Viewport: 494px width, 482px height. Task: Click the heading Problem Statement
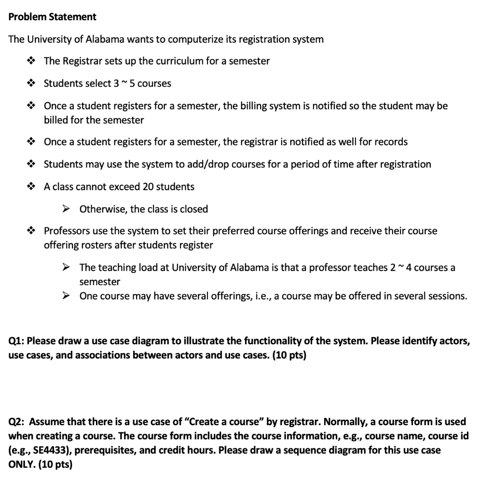point(53,17)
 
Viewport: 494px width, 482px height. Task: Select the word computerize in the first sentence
point(190,39)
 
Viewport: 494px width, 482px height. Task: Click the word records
point(389,142)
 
